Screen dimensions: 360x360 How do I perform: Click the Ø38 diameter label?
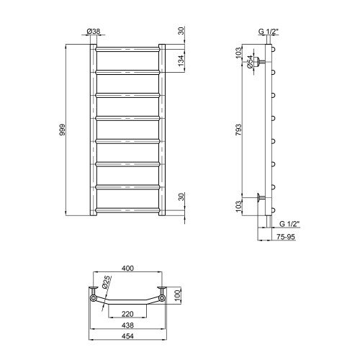coord(94,31)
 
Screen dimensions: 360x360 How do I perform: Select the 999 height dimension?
coord(62,130)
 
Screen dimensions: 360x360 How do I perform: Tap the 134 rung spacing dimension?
coord(181,60)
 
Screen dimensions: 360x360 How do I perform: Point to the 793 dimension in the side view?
coord(238,130)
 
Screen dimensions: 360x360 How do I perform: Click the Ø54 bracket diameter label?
coord(250,62)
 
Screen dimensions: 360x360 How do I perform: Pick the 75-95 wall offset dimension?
coord(286,237)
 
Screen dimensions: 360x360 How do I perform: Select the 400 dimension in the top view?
coord(127,268)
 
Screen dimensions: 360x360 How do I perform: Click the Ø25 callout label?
coord(107,282)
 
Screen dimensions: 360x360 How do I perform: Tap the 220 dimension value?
coord(127,314)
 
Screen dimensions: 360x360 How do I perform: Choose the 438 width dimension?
coord(127,325)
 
